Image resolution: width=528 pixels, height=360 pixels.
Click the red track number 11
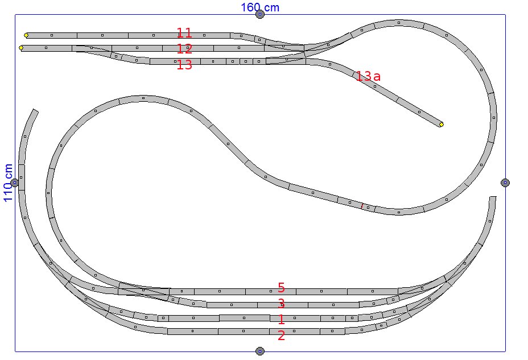184,33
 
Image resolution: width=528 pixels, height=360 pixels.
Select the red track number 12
184,49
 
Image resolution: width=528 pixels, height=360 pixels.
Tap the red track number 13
184,65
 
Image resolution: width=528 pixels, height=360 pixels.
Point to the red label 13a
368,76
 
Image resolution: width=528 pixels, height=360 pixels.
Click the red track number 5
282,288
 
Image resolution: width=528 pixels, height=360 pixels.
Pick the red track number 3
282,304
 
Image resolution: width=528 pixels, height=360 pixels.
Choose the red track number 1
282,320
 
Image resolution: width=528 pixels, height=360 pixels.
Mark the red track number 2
282,336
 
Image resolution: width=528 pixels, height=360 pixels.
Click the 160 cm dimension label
259,7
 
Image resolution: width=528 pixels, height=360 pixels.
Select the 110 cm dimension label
8,183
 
